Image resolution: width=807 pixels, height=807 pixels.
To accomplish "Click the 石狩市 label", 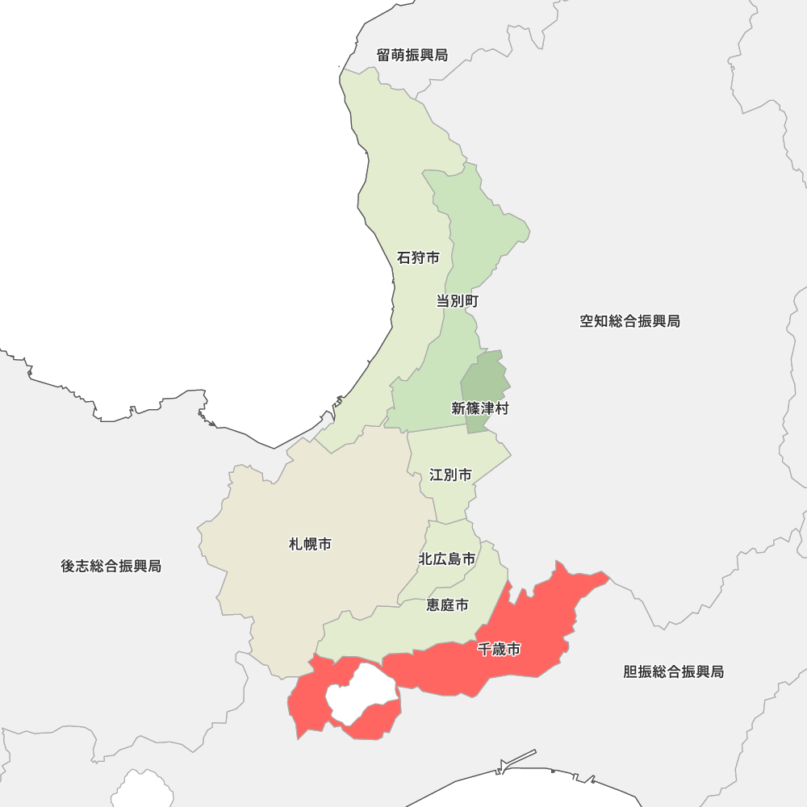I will [x=418, y=258].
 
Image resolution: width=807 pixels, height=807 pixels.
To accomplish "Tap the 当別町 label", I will [x=458, y=301].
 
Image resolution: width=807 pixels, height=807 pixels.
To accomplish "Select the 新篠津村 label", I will [x=480, y=408].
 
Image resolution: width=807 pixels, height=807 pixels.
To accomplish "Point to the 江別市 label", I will [x=450, y=475].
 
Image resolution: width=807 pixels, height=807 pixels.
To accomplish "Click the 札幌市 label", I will [x=310, y=545].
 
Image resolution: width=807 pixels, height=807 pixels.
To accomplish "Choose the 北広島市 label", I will [x=446, y=558].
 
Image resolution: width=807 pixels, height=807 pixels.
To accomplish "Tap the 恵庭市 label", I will [x=447, y=604].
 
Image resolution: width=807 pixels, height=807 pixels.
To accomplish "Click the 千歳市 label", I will [x=499, y=649].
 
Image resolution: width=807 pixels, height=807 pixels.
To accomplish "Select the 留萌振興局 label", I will [x=412, y=55].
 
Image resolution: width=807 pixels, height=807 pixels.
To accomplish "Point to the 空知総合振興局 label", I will [x=629, y=321].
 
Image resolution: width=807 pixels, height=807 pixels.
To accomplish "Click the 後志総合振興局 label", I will [x=111, y=566].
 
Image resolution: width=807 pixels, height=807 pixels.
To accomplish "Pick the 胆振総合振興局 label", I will [x=673, y=671].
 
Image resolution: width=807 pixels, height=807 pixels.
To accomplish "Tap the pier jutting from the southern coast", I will [x=516, y=759].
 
